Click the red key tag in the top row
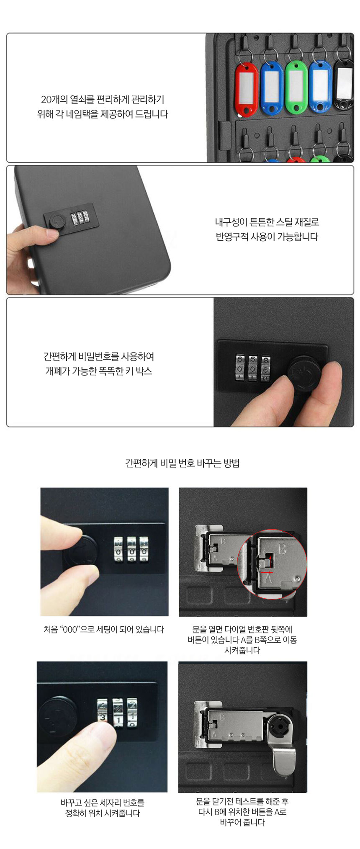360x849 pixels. coord(247,89)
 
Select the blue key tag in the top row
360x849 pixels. coord(272,88)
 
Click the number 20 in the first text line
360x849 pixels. coord(46,100)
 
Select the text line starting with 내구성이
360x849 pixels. coord(267,222)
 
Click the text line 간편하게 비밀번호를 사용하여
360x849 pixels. coord(99,357)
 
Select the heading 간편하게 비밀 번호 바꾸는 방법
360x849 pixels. coord(182,463)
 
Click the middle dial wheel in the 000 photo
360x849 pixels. coord(131,547)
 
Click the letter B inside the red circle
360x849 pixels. coord(282,549)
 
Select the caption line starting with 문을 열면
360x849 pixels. coord(242,629)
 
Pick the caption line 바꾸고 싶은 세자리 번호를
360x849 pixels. coord(103,803)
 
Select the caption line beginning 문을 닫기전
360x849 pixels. coord(242,801)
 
